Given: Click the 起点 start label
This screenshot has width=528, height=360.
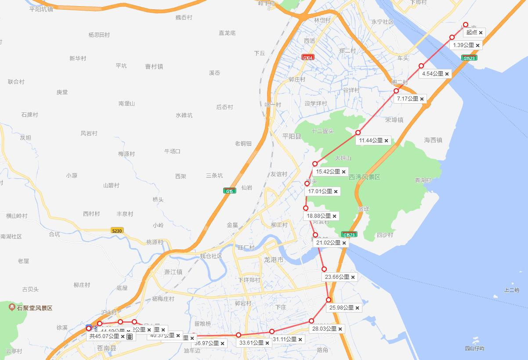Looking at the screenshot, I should [x=472, y=32].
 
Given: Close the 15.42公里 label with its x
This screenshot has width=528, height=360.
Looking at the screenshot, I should [x=344, y=172].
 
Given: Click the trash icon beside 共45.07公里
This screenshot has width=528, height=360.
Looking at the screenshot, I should [x=130, y=337].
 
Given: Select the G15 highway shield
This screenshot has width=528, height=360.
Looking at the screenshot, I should [x=228, y=191].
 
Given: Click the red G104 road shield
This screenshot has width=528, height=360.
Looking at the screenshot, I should [x=308, y=58].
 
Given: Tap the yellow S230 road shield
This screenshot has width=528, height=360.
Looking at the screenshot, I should [x=117, y=230].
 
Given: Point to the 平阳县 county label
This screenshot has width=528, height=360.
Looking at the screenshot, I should [x=292, y=137].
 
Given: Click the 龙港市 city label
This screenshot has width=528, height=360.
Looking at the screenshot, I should [x=274, y=260].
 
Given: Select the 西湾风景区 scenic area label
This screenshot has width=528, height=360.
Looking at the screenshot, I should [x=364, y=177].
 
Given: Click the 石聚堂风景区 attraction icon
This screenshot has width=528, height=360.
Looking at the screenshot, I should [x=12, y=307].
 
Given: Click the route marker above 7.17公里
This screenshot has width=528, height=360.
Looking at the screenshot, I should [x=396, y=91].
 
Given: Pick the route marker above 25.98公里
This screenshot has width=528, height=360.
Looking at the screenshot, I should [x=329, y=300].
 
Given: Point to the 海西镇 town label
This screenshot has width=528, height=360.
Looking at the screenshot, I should [x=433, y=140].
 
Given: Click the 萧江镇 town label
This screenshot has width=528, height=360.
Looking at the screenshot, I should [x=173, y=272].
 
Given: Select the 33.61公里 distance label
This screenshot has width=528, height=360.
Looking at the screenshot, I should [x=252, y=343].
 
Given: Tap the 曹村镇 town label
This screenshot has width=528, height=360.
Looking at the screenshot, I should [x=154, y=66].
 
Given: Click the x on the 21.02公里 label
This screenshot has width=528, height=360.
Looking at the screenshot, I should [x=344, y=243].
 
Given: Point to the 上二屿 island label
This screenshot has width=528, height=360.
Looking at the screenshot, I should [x=512, y=290].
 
